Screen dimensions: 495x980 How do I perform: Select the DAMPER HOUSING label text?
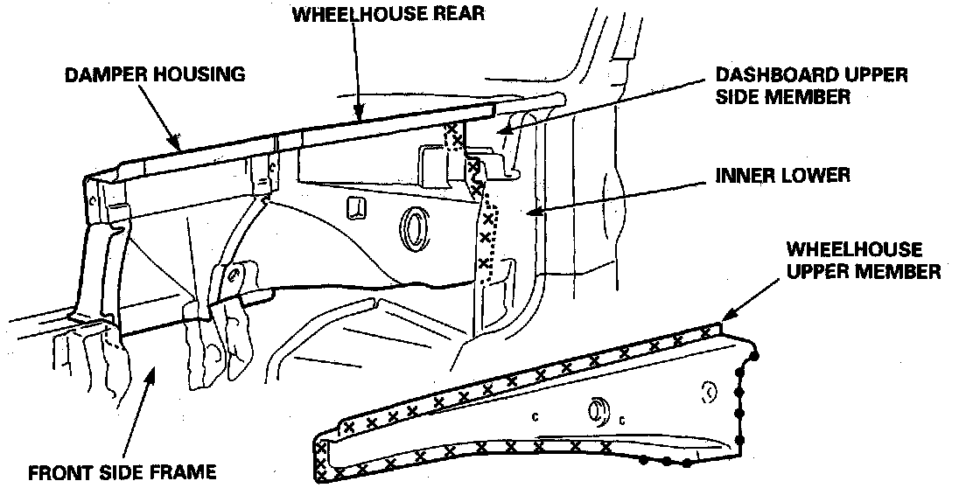(x=154, y=74)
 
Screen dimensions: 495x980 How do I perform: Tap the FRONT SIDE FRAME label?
(x=122, y=472)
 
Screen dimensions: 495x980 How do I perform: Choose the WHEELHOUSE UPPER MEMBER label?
(x=864, y=261)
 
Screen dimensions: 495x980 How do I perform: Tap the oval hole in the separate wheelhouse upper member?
(x=599, y=412)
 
